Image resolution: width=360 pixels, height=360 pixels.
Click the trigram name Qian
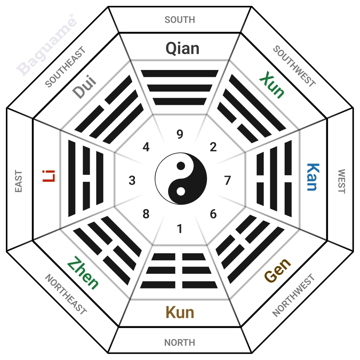coord(182,48)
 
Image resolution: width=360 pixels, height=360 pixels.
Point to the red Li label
coord(49,176)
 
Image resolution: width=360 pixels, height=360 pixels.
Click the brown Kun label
coord(180,312)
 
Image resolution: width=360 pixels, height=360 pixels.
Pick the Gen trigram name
coord(278,270)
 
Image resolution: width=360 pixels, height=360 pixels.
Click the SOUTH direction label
coord(180,20)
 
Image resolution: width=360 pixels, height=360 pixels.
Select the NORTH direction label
coord(180,343)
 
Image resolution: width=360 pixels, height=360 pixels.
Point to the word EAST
coord(19,181)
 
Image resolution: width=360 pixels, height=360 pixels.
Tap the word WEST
coord(342,181)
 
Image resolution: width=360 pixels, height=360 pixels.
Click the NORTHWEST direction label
coord(293,295)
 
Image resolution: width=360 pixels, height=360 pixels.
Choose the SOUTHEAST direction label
coord(65,67)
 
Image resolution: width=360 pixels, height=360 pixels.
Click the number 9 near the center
coord(180,134)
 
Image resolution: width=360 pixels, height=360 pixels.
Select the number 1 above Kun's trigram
coord(180,229)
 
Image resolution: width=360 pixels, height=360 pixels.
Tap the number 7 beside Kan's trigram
coord(227,180)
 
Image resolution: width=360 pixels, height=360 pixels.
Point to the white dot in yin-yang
coord(181,191)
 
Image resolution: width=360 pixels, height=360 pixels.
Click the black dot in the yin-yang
coord(181,166)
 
